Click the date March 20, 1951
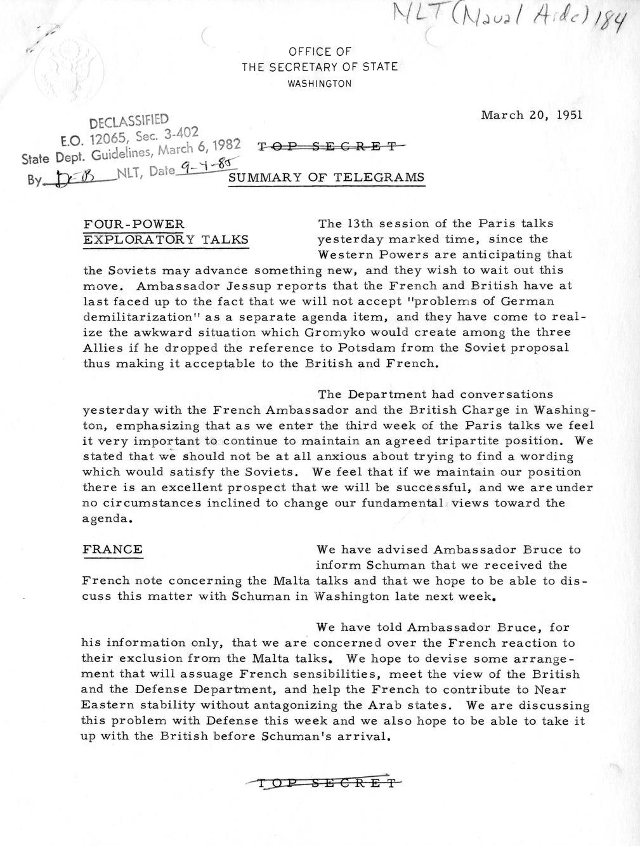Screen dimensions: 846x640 point(532,115)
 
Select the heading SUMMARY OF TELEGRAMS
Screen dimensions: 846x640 point(326,178)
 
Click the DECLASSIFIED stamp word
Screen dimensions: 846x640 point(129,121)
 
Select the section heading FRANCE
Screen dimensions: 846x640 point(112,550)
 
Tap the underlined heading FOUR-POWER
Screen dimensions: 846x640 point(134,224)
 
